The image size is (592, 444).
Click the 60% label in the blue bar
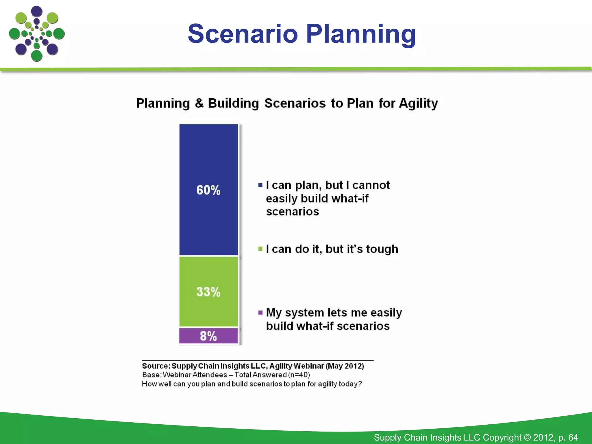tap(208, 190)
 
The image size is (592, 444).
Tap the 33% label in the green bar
tap(208, 292)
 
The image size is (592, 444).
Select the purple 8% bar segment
tap(208, 336)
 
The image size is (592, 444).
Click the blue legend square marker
tap(260, 185)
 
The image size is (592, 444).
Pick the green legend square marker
tap(260, 249)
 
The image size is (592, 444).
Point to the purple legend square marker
tap(260, 312)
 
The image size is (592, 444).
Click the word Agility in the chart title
tap(418, 103)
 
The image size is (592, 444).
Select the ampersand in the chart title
tap(199, 103)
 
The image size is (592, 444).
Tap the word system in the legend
tap(304, 313)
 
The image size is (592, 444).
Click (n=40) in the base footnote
tap(299, 375)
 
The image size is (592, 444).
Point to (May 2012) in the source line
tap(345, 366)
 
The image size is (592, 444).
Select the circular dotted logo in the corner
tap(37, 34)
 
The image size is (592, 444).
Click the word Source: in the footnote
tap(156, 366)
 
